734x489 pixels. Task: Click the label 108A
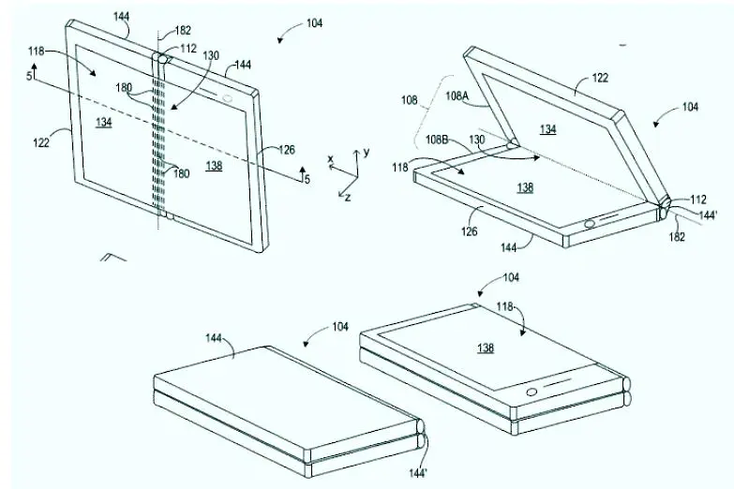point(457,95)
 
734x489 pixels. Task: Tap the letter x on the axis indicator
point(331,159)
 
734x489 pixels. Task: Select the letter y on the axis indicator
point(367,151)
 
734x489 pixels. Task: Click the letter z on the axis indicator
point(347,199)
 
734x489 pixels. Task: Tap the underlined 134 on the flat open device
point(104,122)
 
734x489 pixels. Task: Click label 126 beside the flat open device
point(288,149)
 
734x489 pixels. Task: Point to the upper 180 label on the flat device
point(150,89)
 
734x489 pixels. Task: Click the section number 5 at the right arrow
point(307,180)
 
